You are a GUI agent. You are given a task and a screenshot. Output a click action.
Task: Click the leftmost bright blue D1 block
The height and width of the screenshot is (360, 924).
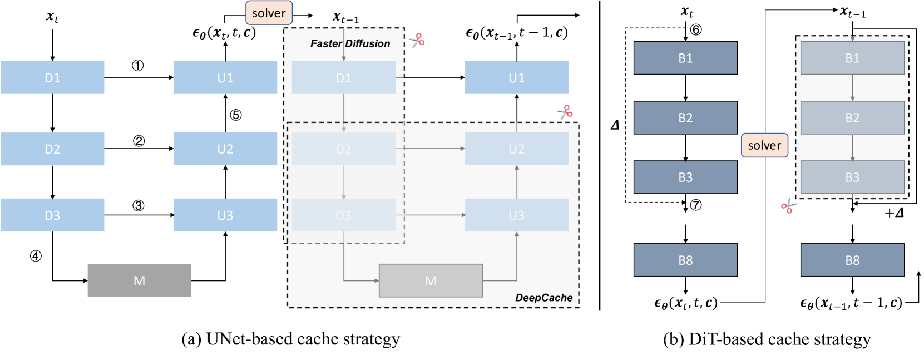[x=52, y=77]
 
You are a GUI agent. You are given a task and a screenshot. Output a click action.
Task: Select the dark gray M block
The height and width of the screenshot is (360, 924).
[x=139, y=280]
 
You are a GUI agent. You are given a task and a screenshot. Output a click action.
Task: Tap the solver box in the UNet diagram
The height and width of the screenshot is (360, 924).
[x=269, y=13]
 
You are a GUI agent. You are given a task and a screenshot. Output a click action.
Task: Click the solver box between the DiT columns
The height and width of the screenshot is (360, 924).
[x=764, y=145]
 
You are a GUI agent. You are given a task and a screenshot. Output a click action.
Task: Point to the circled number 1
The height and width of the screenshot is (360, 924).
[x=137, y=66]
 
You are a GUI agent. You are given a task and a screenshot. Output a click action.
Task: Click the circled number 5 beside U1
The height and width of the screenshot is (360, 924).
[x=236, y=115]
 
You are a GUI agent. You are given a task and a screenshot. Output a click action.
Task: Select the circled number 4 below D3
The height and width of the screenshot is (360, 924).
[x=36, y=256]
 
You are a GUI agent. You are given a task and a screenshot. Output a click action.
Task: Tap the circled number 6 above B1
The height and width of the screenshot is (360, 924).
[x=695, y=29]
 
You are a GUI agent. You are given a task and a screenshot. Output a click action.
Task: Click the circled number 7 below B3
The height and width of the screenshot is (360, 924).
[x=695, y=205]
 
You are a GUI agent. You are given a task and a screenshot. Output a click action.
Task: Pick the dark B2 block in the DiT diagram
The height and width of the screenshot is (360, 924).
[x=685, y=117]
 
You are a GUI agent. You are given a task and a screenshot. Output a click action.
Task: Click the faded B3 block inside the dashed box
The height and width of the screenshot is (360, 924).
[x=852, y=177]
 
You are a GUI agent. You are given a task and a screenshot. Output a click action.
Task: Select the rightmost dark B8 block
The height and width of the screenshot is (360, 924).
[x=852, y=260]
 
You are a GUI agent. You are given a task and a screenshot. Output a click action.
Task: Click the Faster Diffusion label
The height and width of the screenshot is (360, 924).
[x=350, y=43]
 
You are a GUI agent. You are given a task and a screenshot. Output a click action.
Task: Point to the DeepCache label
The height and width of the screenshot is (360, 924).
[x=543, y=298]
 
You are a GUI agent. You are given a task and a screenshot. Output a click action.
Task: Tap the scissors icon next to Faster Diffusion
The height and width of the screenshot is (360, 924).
[x=417, y=40]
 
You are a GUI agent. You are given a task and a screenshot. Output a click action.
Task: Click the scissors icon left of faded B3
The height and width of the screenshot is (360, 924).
[x=788, y=206]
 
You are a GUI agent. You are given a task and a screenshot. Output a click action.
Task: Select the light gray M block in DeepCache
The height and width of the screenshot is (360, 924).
[x=431, y=280]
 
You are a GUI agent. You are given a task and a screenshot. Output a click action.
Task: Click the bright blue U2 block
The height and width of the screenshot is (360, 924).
[x=225, y=149]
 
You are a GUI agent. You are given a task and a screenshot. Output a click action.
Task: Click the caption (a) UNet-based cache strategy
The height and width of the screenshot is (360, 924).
[x=290, y=339]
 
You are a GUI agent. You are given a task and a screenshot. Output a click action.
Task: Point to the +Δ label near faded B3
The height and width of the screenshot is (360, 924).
[x=894, y=213]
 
